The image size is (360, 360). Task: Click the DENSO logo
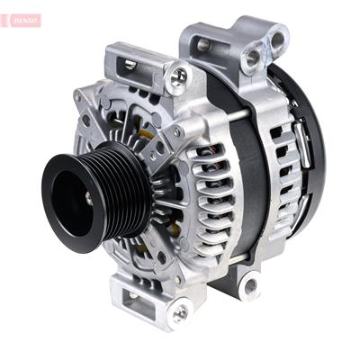point(22,20)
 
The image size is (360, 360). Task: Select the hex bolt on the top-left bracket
point(179,76)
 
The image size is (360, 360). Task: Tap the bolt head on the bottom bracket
point(179,311)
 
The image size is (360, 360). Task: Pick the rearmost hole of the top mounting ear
point(278,40)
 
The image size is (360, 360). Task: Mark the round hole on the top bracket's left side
point(203,45)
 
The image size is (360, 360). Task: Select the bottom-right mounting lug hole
point(249,286)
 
